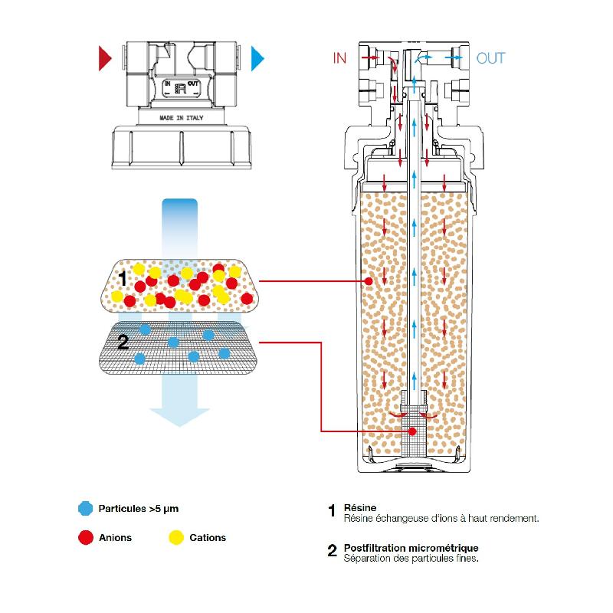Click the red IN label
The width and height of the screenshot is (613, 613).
pos(339,58)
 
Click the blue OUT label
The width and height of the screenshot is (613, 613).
pos(491,58)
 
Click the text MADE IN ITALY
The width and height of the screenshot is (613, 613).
pos(181,120)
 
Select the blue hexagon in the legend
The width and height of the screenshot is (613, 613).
pos(85,508)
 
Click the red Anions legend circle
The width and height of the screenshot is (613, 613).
pos(85,537)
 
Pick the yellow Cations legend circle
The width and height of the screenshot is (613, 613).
pos(175,537)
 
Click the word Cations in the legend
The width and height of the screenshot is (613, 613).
pos(208,537)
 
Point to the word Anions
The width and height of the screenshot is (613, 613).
pos(116,537)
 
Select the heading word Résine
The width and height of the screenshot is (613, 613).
pos(359,507)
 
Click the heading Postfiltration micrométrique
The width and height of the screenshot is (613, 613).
pos(411,548)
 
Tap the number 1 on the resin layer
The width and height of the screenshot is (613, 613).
pos(123,277)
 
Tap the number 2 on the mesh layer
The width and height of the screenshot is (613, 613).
pos(123,342)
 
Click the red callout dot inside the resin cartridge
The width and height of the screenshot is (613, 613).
pos(369,282)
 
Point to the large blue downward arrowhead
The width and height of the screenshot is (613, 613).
pos(179,414)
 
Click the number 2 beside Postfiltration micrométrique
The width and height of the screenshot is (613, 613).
pos(332,551)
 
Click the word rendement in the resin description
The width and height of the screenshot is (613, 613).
pos(514,518)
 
